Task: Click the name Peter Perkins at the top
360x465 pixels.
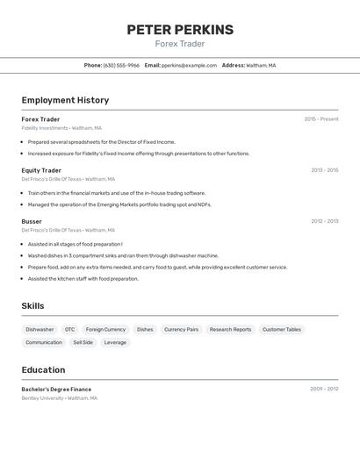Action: click(180, 30)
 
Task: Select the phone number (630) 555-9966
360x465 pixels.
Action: click(121, 65)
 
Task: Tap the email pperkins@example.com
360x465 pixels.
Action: click(189, 65)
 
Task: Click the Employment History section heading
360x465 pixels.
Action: click(65, 100)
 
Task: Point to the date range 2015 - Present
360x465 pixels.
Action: click(321, 119)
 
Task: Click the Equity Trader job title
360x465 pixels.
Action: click(41, 170)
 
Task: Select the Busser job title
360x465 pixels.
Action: click(32, 221)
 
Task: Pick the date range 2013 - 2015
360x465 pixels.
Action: click(324, 170)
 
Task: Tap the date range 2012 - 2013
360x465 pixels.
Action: click(324, 221)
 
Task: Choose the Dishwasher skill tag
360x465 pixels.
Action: click(40, 330)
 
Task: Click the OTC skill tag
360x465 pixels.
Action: click(70, 330)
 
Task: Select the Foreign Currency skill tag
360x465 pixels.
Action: click(105, 330)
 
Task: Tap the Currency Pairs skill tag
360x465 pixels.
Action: click(181, 330)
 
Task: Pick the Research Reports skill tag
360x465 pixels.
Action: click(230, 330)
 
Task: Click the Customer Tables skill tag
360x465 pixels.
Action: click(282, 330)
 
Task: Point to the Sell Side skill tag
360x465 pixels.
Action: click(83, 342)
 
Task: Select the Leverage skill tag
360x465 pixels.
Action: click(115, 342)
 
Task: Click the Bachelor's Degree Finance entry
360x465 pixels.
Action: click(56, 389)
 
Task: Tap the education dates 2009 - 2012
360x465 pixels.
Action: click(324, 388)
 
